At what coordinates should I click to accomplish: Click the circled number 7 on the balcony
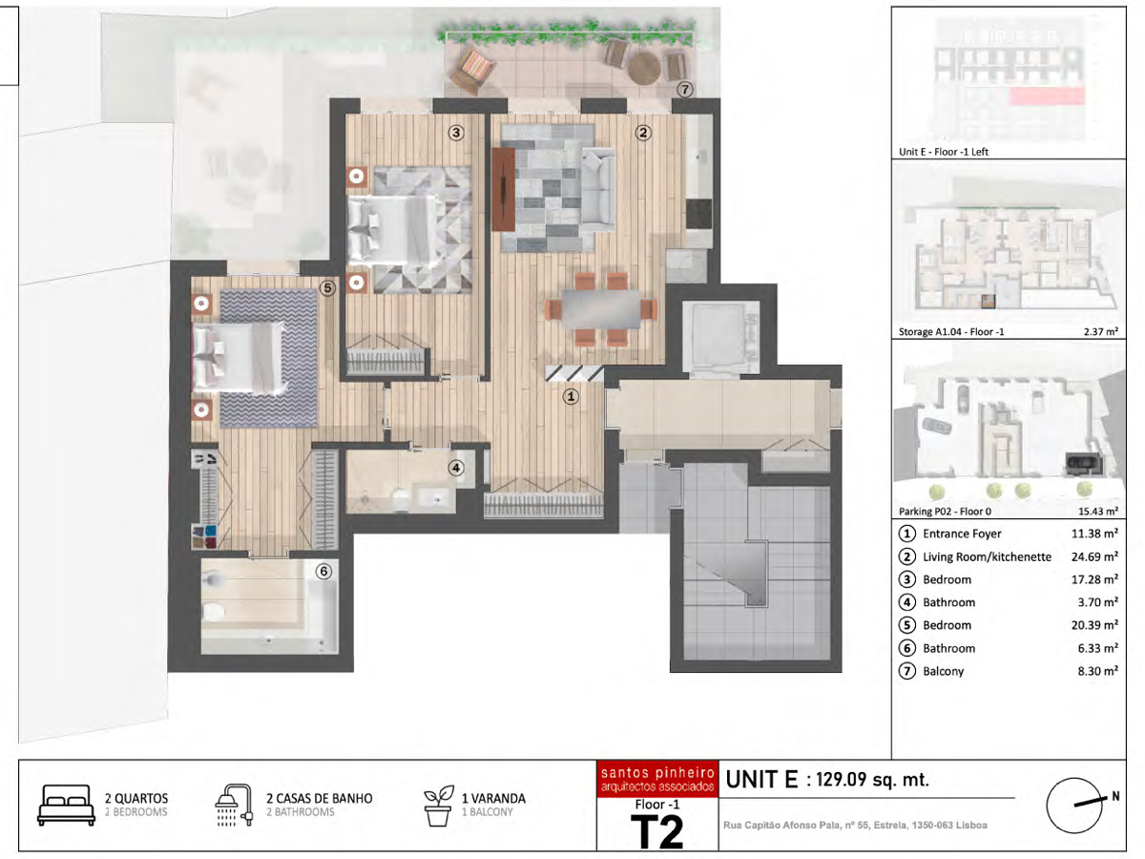click(685, 90)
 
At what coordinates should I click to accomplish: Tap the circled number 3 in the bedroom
click(456, 133)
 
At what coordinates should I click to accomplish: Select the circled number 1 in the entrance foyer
click(571, 397)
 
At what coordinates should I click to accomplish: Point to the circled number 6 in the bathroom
click(323, 572)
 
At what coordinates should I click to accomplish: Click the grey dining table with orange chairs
click(601, 309)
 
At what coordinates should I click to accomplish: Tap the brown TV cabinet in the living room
click(504, 189)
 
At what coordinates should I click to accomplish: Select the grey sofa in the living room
click(598, 187)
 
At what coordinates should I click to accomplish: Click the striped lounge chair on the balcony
click(472, 71)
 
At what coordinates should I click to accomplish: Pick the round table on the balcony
click(644, 67)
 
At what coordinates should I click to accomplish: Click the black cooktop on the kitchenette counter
click(698, 214)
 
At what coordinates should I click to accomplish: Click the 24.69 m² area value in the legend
click(1094, 556)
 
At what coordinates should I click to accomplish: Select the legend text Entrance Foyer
click(962, 534)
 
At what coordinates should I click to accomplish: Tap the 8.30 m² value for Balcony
click(1098, 671)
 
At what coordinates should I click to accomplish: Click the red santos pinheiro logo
click(657, 779)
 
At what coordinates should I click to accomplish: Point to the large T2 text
click(656, 832)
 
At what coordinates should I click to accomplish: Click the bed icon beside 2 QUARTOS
click(66, 805)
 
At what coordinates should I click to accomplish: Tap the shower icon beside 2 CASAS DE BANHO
click(234, 805)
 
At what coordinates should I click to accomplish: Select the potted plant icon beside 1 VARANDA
click(438, 806)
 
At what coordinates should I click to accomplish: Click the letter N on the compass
click(1115, 796)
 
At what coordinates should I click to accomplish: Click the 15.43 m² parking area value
click(1098, 512)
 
